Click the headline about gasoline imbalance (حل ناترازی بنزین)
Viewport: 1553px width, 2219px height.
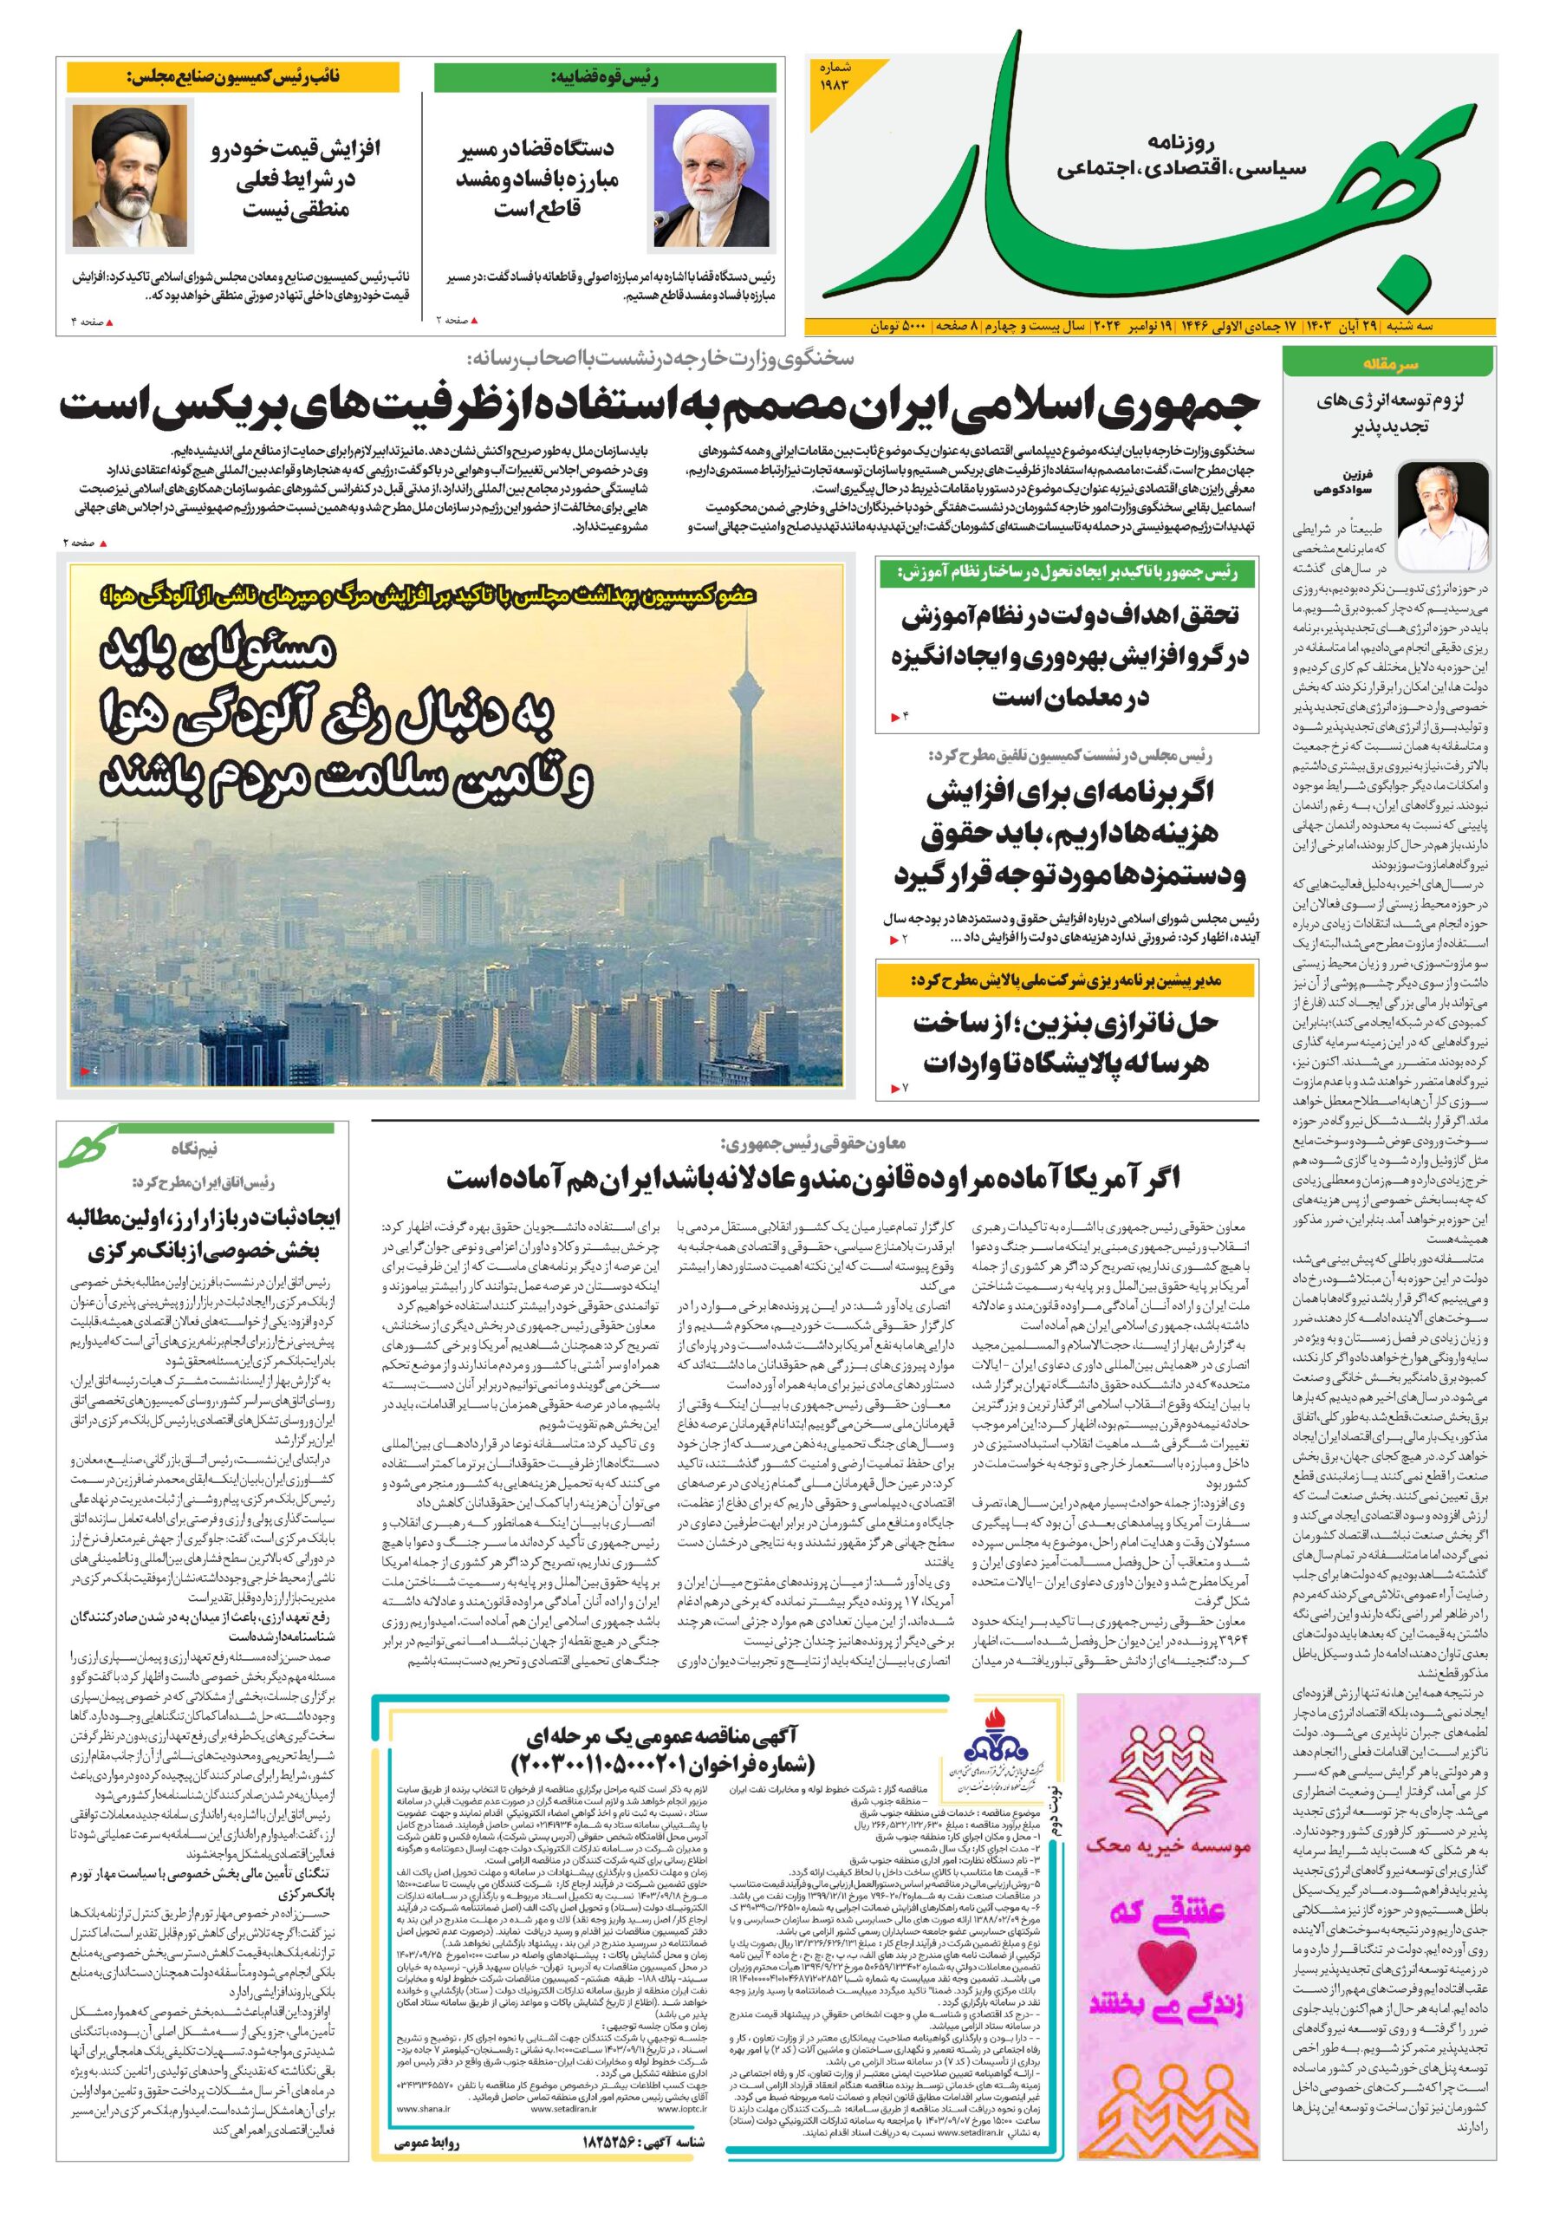1069,1042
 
